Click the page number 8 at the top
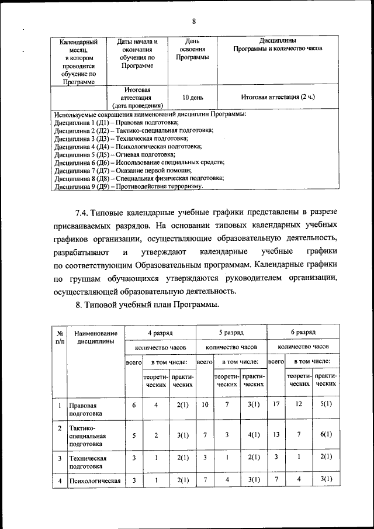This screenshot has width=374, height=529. pos(193,22)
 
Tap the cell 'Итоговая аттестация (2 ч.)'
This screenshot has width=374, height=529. pos(278,97)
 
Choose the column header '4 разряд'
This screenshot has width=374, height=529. pos(160,332)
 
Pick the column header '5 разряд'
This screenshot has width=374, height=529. pos(231,332)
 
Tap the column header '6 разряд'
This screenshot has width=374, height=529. pos(303,332)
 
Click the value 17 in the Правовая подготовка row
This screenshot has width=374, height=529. pos(276,404)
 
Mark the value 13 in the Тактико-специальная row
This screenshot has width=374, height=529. pos(276,434)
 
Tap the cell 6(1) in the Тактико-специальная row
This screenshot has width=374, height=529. pos(325,434)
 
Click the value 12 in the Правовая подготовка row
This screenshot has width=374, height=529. pos(299,404)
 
